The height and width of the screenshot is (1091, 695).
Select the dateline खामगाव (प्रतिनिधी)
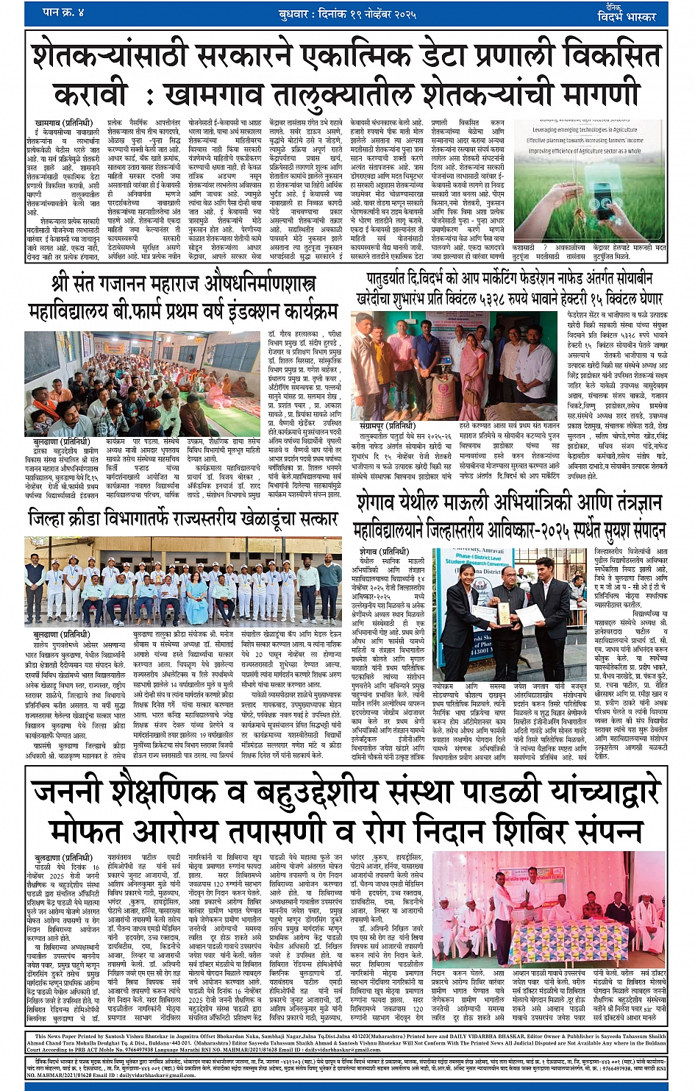click(x=63, y=122)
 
